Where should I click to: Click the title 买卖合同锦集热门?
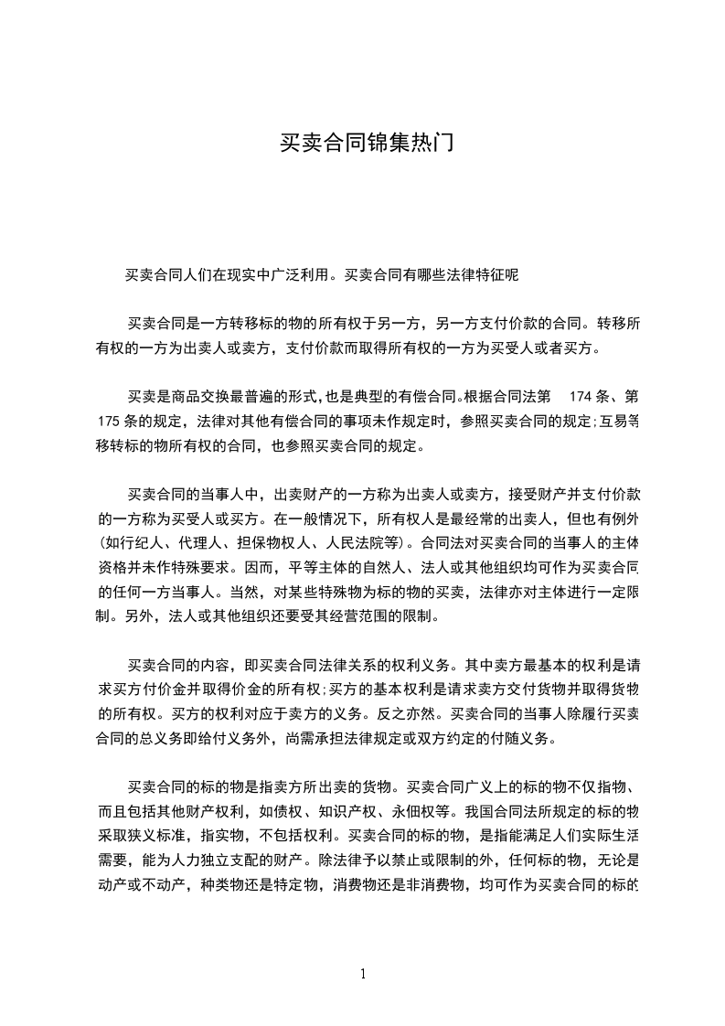[x=365, y=144]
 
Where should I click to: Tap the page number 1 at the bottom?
[x=363, y=974]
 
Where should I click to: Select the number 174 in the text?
[x=583, y=397]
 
